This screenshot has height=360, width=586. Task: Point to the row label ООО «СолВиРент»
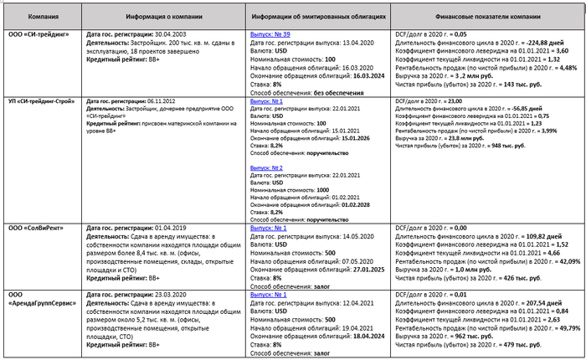point(33,228)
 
